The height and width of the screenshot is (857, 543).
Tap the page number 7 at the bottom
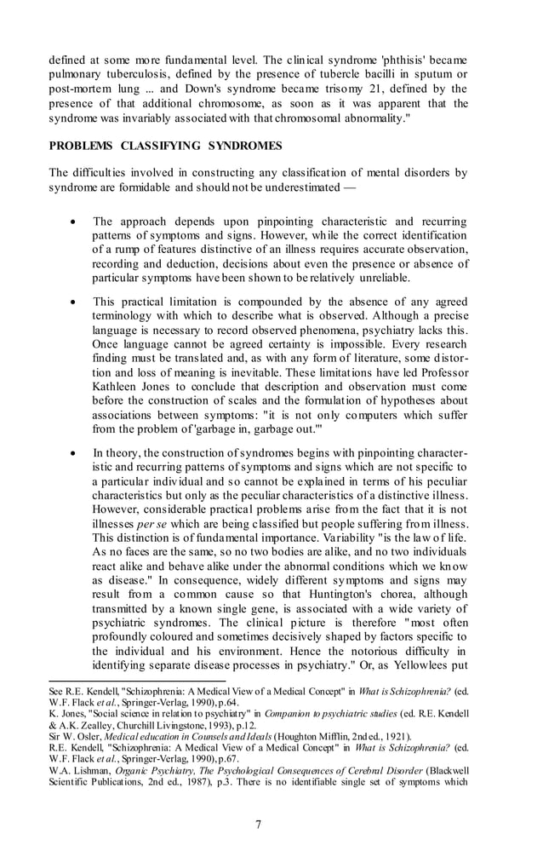click(271, 824)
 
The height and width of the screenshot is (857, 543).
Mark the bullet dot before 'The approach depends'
click(75, 221)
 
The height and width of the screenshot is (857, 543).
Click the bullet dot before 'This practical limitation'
click(75, 302)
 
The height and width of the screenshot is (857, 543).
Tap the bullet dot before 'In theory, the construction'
click(75, 452)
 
